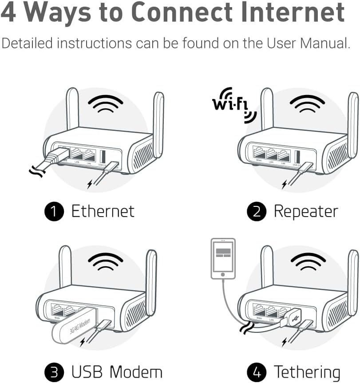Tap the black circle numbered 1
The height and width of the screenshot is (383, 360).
point(54,211)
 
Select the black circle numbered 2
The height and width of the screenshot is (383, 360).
point(256,211)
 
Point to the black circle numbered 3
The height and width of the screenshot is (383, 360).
point(54,371)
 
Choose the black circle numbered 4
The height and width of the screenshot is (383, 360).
point(256,371)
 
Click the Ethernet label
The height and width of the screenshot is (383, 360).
point(103,211)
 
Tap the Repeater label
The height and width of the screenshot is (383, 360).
point(306,211)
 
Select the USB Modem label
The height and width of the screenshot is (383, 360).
point(117,371)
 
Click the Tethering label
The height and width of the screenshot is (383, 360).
point(307,371)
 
